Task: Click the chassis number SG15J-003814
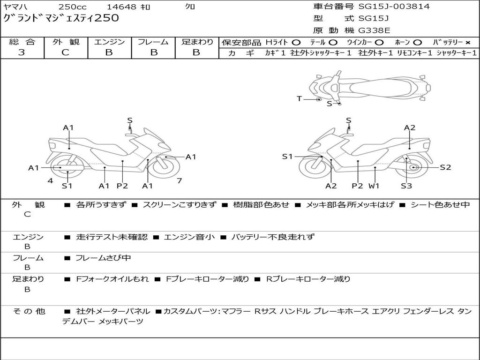pos(394,7)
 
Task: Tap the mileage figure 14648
pos(121,7)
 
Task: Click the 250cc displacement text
pos(72,7)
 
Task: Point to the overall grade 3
pos(22,52)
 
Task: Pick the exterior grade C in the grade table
pos(65,52)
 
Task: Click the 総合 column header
pos(22,42)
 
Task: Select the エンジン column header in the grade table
pos(109,42)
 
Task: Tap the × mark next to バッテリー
pos(467,42)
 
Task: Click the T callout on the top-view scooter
pos(299,98)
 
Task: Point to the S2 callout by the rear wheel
pos(445,167)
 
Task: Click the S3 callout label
pos(406,186)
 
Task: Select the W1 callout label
pos(374,186)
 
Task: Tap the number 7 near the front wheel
pos(179,180)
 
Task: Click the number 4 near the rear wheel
pos(50,180)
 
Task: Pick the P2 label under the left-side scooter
pos(122,186)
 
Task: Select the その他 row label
pos(29,311)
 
